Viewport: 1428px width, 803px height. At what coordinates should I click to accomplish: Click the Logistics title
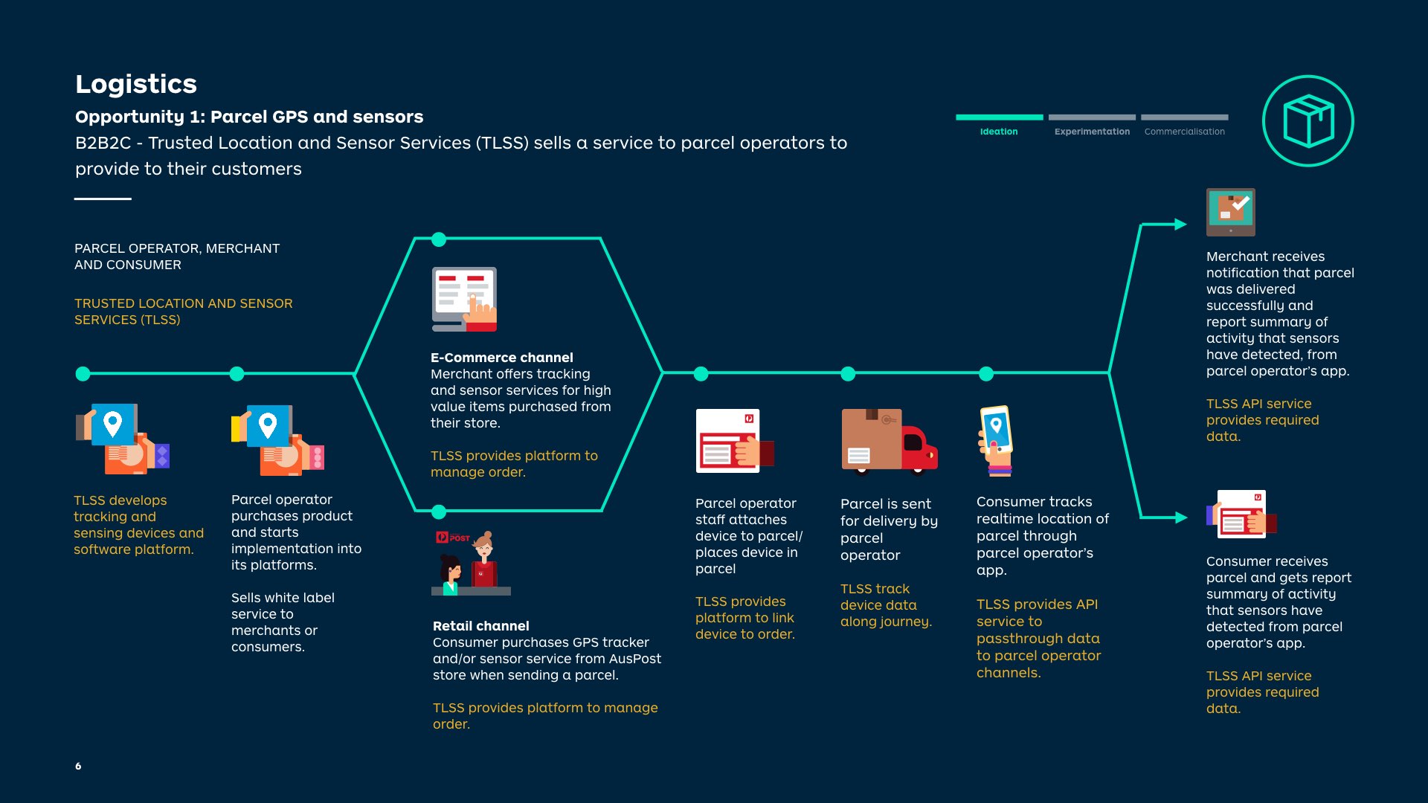(136, 84)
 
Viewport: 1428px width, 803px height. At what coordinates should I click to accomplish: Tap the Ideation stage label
(999, 132)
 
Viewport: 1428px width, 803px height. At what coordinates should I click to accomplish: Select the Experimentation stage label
(1092, 132)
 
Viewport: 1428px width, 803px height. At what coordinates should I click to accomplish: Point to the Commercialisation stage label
(1185, 132)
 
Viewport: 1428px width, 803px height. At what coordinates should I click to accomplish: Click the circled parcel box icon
(1308, 121)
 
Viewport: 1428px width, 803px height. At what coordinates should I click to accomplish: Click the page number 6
(78, 766)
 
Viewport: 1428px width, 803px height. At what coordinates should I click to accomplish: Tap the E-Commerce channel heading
(502, 358)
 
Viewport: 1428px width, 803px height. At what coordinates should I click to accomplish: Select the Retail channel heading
(481, 626)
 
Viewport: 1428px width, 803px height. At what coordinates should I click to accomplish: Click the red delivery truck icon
(890, 441)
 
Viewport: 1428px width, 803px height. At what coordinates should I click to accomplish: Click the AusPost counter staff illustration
(471, 563)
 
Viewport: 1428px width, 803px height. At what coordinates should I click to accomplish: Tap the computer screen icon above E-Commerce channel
(464, 300)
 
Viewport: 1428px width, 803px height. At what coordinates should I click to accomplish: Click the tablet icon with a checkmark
(1231, 212)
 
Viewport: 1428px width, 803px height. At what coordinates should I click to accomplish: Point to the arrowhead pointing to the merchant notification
(1180, 224)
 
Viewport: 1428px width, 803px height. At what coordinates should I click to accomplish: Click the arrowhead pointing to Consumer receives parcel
(1181, 517)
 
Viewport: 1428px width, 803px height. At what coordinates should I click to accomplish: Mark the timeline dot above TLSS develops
(83, 374)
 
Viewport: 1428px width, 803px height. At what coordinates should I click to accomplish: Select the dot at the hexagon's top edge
(439, 239)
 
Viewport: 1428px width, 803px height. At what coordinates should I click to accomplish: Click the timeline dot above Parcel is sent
(848, 374)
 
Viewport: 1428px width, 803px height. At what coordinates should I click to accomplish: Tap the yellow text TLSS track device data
(886, 605)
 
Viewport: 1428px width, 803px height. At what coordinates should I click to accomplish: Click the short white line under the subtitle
(103, 199)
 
